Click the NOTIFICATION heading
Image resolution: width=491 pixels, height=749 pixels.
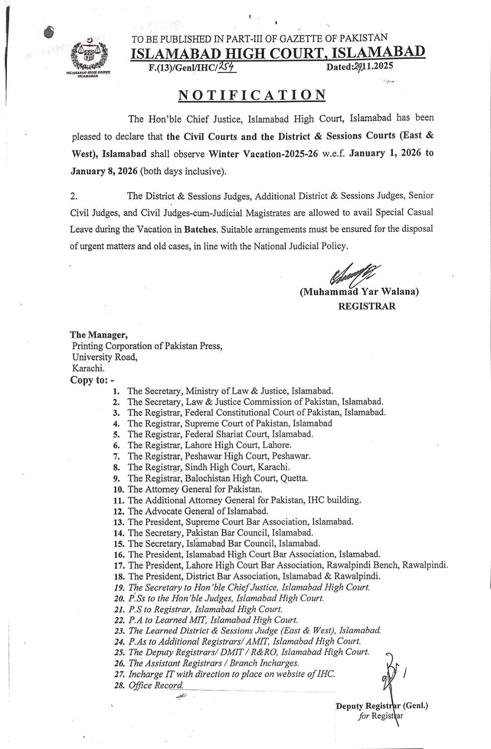[x=252, y=95]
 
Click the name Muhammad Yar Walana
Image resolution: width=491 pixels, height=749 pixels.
[x=359, y=292]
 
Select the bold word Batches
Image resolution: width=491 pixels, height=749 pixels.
[x=201, y=230]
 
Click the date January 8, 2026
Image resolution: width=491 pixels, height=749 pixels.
[x=104, y=171]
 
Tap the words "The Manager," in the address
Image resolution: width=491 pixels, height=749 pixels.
[x=98, y=335]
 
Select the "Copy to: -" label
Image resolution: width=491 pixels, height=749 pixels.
[x=92, y=380]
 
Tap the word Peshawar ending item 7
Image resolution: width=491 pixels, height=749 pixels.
[x=293, y=456]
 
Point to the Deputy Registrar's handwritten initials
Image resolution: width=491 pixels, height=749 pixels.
[x=392, y=670]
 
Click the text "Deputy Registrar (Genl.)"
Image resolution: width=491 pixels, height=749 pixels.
[x=382, y=705]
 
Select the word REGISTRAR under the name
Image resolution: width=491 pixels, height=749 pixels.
[x=366, y=306]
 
